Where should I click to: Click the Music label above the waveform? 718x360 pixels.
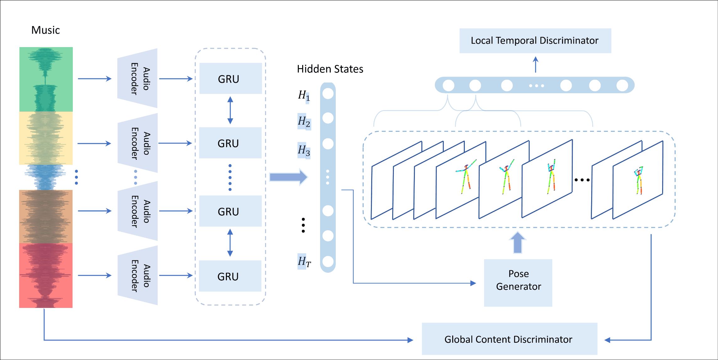[x=46, y=30]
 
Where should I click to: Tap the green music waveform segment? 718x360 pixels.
[x=46, y=79]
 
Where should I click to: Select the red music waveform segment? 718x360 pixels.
[x=46, y=276]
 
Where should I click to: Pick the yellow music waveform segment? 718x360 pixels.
[x=46, y=138]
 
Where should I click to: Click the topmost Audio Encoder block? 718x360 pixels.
[x=138, y=78]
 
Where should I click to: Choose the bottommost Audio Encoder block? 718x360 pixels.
[x=138, y=275]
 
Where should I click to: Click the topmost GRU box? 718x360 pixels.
[x=230, y=78]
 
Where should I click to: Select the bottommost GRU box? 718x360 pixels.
[x=230, y=276]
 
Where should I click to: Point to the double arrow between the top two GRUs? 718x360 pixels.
[x=230, y=110]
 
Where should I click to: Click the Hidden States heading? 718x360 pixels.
[x=330, y=69]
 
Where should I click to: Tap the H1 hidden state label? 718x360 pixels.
[x=304, y=95]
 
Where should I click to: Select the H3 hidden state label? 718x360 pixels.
[x=304, y=150]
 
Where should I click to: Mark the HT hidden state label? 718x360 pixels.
[x=304, y=261]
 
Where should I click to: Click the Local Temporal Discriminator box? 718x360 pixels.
[x=535, y=41]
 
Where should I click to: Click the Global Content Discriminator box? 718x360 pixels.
[x=509, y=339]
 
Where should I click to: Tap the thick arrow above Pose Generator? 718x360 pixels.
[x=518, y=242]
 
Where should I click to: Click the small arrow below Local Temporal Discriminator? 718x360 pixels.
[x=536, y=64]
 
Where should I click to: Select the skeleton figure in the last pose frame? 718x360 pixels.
[x=639, y=180]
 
